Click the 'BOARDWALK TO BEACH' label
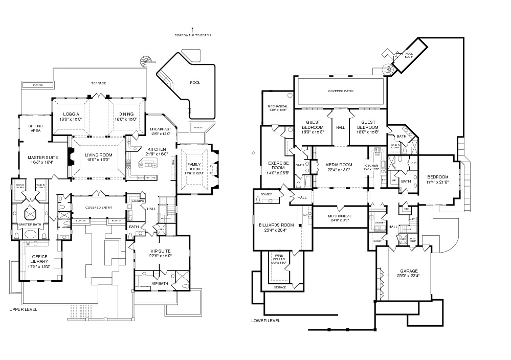point(192,35)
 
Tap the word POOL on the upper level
point(195,82)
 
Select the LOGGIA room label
point(71,114)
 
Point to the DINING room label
point(126,114)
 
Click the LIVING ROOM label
point(98,154)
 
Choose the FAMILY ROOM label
point(194,167)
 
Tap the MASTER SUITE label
point(40,159)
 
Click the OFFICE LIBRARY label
point(40,259)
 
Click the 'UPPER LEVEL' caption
point(24,309)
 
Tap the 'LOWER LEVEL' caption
point(266,321)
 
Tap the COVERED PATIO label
point(341,91)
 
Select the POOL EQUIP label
point(409,55)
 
